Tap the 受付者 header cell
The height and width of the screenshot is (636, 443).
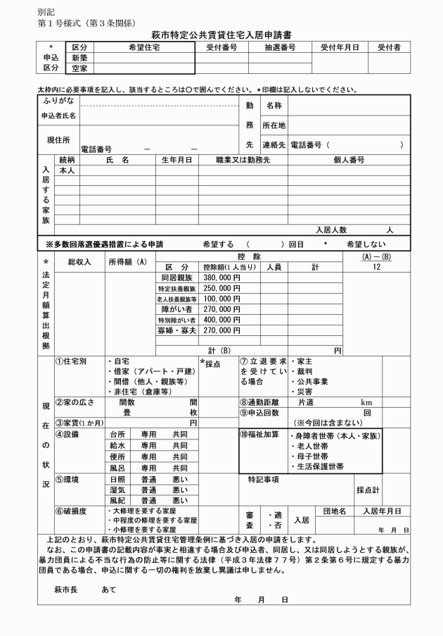[388, 46]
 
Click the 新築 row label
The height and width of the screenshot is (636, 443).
[78, 58]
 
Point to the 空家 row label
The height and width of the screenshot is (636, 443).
[78, 69]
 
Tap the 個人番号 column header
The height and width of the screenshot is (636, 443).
[349, 160]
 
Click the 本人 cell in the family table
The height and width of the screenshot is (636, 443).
[68, 170]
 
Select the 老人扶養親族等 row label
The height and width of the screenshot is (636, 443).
[176, 299]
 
